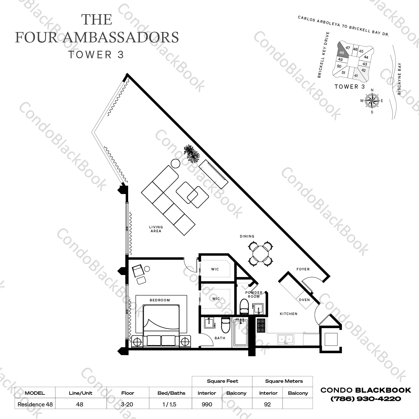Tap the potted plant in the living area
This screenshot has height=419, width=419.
[192, 153]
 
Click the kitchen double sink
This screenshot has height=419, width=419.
[286, 339]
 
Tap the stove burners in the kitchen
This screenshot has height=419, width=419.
[261, 326]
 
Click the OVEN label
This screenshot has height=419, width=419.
[304, 300]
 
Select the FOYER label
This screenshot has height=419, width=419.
[303, 269]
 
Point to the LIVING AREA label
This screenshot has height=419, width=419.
[156, 229]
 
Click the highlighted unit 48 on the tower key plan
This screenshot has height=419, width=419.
[342, 52]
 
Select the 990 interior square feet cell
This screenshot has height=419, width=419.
[207, 404]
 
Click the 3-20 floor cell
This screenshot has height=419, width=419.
[127, 404]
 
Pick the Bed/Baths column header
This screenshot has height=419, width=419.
[171, 393]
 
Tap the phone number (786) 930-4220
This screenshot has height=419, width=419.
[366, 399]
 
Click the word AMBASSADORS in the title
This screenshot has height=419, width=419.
[122, 37]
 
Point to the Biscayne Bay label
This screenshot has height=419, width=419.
[399, 79]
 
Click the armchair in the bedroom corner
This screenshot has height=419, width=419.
[138, 271]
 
